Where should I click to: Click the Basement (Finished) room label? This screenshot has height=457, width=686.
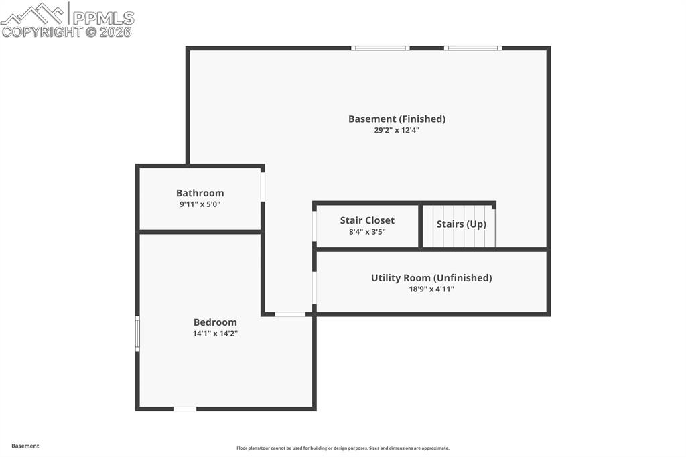[397, 119]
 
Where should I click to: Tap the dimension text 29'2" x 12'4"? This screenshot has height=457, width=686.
[397, 130]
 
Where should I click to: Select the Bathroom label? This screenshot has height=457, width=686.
[200, 193]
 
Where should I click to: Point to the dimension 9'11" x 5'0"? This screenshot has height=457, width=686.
[200, 204]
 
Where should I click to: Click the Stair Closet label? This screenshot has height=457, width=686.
[367, 220]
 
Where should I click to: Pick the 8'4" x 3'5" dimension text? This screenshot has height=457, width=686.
[367, 231]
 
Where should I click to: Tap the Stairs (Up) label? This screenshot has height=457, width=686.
[461, 224]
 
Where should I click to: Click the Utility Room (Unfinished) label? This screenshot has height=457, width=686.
[431, 277]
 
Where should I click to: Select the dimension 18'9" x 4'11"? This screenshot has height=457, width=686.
[431, 289]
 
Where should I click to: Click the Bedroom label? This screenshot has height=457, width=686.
[215, 322]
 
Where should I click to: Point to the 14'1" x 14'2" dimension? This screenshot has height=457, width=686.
[215, 333]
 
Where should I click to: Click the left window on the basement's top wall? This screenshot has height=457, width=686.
[381, 48]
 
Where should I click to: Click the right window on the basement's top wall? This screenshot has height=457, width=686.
[472, 48]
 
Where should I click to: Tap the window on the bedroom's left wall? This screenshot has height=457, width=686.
[137, 333]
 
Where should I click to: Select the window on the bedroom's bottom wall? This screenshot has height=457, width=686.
[185, 408]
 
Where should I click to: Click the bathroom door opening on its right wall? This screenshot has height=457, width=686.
[263, 187]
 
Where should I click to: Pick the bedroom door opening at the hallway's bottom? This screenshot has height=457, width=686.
[290, 314]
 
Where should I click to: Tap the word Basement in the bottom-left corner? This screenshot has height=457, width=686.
[25, 446]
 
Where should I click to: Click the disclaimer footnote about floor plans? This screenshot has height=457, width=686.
[342, 448]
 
